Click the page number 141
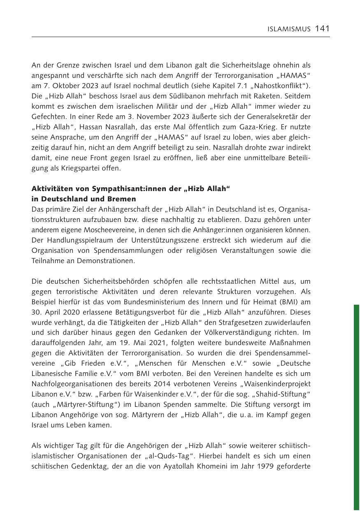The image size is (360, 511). tap(322, 28)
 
